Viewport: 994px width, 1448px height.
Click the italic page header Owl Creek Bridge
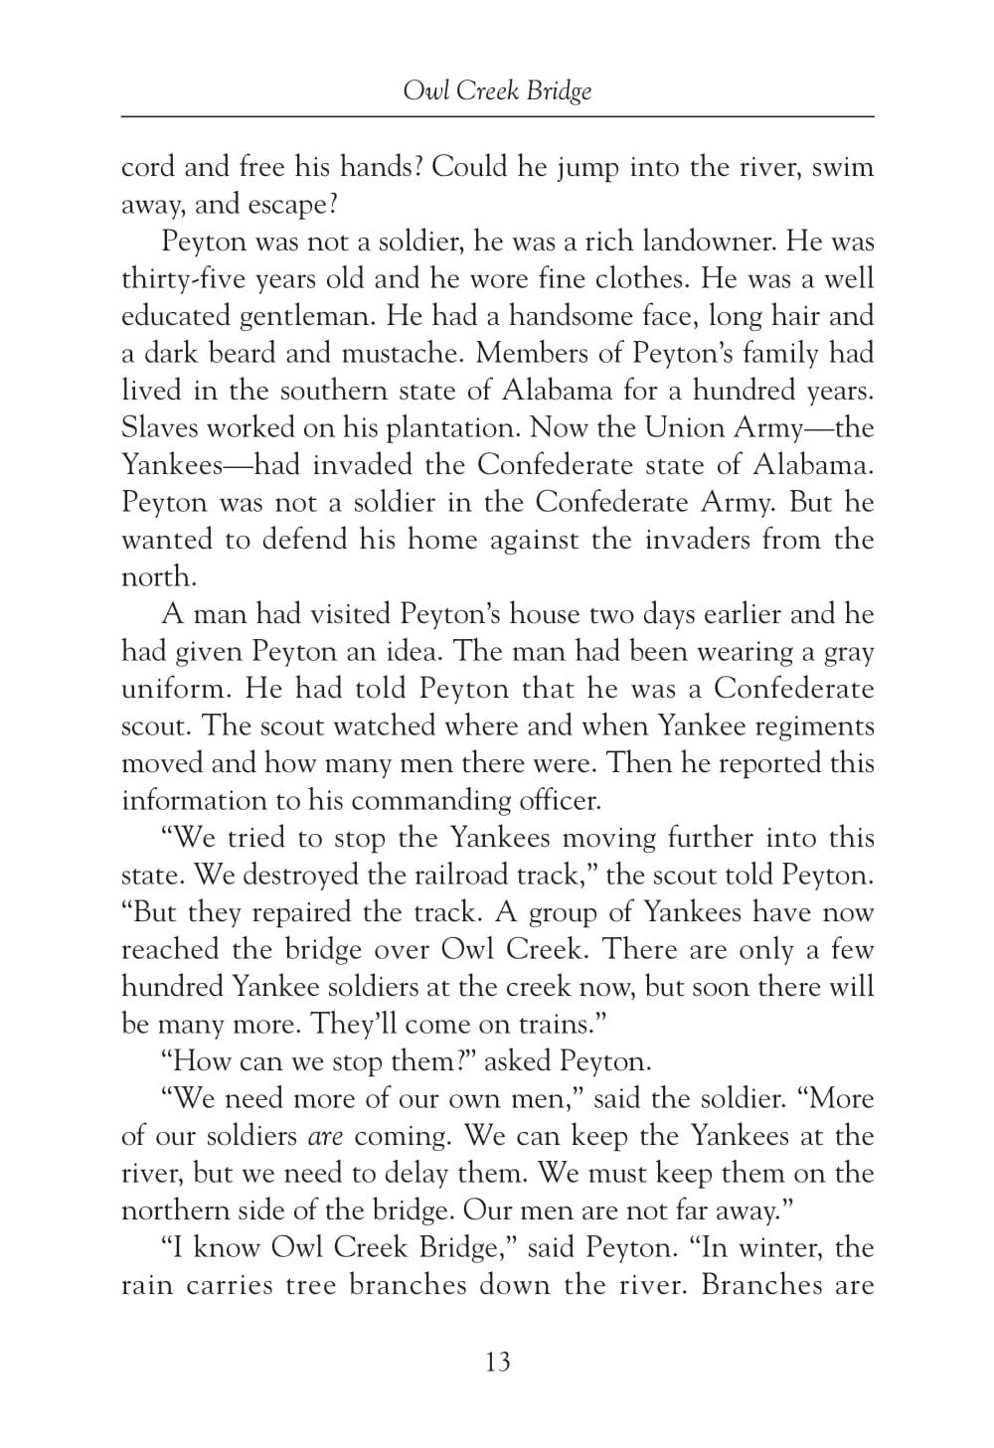point(497,91)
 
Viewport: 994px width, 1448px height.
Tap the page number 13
point(498,1361)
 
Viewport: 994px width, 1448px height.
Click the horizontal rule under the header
point(497,117)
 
